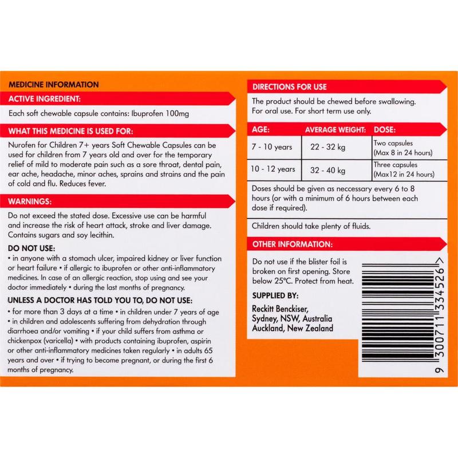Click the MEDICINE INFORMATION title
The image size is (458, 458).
(x=54, y=85)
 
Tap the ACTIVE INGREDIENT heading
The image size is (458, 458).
(x=45, y=99)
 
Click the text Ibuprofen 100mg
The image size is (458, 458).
(x=160, y=113)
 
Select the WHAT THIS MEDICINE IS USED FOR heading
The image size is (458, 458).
(x=70, y=131)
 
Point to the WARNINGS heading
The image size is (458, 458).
(x=30, y=202)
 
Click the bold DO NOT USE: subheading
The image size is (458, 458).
(x=31, y=248)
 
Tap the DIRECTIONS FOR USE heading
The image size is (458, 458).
(x=290, y=87)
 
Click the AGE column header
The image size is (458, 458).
(x=260, y=130)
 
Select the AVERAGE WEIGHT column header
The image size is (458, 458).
(x=335, y=130)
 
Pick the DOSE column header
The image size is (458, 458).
(x=385, y=130)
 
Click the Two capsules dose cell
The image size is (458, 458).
(x=403, y=148)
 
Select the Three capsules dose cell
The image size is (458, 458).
(x=404, y=169)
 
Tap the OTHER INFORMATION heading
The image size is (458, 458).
(x=293, y=244)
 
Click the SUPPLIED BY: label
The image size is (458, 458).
(x=275, y=295)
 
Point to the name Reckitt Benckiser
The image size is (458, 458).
(x=280, y=309)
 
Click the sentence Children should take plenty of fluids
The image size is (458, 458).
(x=311, y=226)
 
